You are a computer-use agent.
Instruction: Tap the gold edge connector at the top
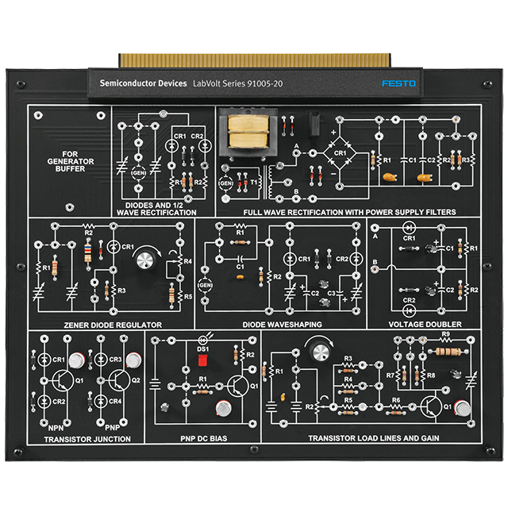[255, 60]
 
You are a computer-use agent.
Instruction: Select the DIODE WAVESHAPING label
[282, 325]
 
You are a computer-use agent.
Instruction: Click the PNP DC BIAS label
[204, 438]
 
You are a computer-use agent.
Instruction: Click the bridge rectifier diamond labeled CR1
[340, 150]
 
